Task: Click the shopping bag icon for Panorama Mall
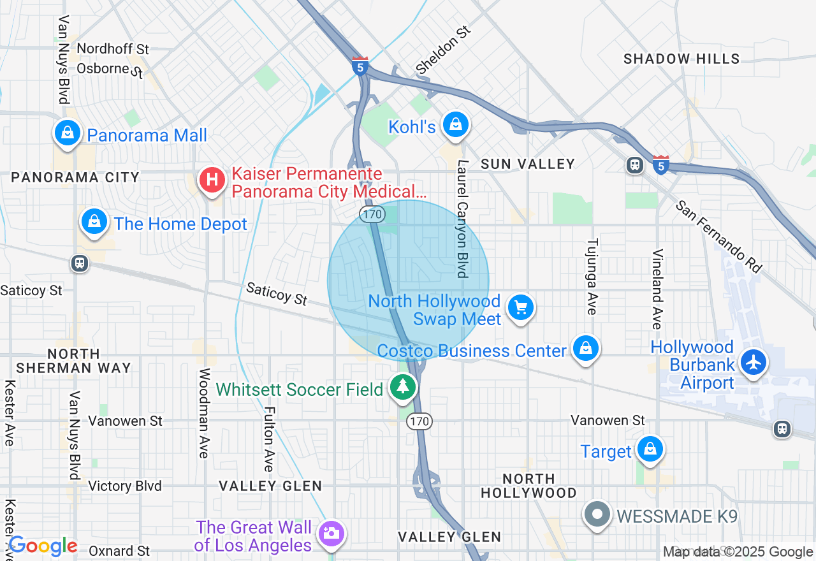coord(67,133)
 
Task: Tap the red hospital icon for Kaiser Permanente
coord(212,180)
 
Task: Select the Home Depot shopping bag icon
coord(94,222)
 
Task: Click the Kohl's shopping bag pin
coord(456,125)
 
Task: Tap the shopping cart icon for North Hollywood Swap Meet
coord(521,308)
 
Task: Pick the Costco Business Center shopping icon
coord(585,349)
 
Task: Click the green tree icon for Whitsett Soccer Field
coord(402,387)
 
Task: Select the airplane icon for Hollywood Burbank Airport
coord(754,362)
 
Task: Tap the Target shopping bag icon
coord(650,449)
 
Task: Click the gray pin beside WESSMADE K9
coord(598,514)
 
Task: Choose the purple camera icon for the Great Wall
coord(331,534)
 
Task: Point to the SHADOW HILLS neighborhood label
coord(681,59)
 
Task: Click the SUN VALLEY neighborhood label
coord(528,164)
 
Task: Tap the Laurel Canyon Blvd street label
coord(462,219)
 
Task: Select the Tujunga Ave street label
coord(592,276)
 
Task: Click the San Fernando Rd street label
coord(718,237)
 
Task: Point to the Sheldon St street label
coord(443,50)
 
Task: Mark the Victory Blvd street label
coord(125,486)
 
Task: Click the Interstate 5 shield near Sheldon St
coord(360,66)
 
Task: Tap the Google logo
coord(43,546)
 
